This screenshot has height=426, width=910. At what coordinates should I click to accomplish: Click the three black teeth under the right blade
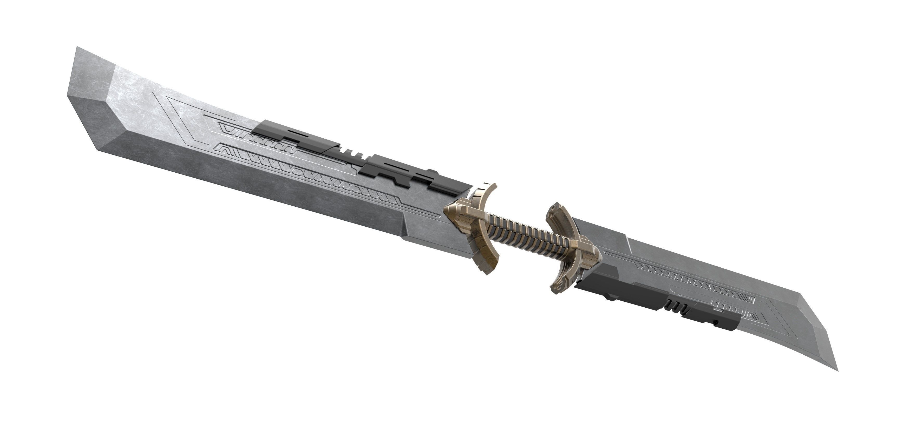[673, 305]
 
